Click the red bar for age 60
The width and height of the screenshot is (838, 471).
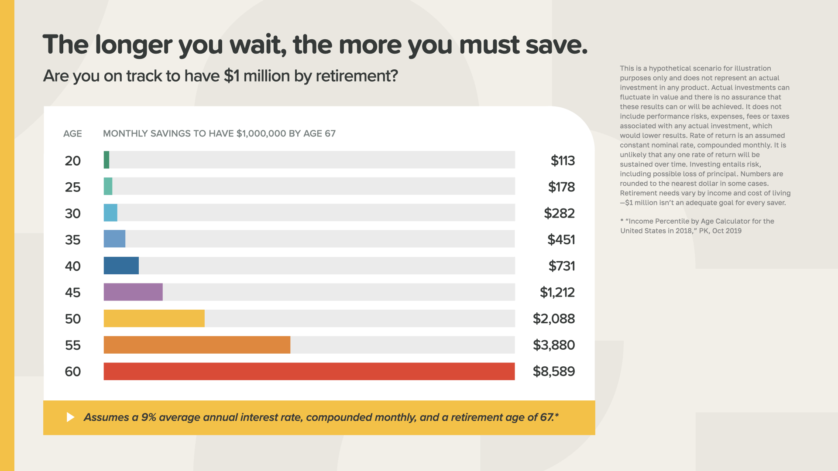tap(309, 371)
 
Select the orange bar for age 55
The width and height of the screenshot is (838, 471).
tap(197, 345)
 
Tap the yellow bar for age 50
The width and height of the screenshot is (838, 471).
tap(154, 318)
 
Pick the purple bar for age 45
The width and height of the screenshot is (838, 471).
tap(133, 292)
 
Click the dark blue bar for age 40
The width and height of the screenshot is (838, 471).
tap(121, 266)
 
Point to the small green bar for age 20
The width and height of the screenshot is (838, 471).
tap(106, 160)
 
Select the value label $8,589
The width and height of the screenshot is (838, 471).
tap(554, 372)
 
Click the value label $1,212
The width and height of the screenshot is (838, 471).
tap(557, 292)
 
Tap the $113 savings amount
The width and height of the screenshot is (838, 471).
tap(563, 160)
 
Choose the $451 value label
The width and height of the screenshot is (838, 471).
tap(561, 239)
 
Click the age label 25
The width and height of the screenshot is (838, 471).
tap(73, 187)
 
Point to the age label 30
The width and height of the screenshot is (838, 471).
tap(73, 214)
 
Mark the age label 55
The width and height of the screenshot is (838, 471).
tap(73, 345)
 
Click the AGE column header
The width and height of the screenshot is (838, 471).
tap(72, 134)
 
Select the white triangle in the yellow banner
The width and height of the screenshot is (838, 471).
tap(70, 417)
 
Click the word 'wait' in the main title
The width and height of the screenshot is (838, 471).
tap(258, 44)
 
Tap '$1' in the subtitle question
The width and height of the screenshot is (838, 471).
tap(231, 76)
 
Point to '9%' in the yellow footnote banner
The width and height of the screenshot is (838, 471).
tap(148, 417)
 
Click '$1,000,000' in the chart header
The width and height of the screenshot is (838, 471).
tap(261, 134)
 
